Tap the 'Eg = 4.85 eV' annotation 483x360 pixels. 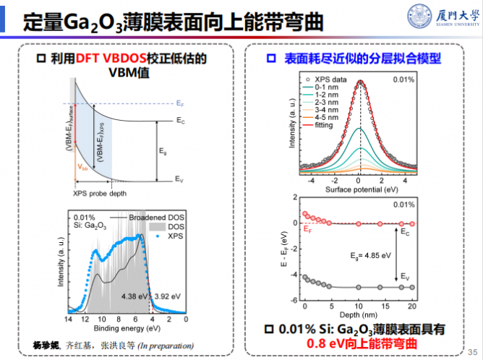click(371, 255)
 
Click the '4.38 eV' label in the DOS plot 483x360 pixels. click(136, 296)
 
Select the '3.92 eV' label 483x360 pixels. click(168, 296)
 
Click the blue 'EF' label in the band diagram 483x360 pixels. click(180, 103)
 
